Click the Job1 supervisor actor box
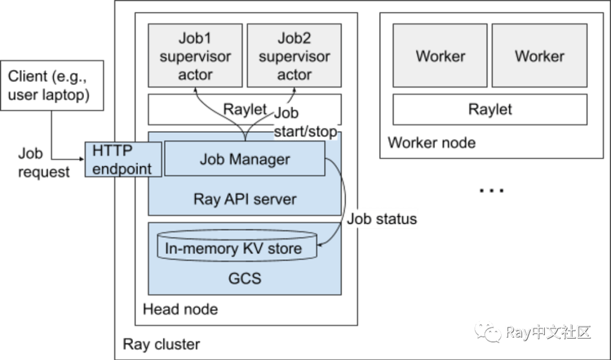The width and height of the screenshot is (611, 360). pos(195,56)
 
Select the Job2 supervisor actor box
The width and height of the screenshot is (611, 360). pos(294,56)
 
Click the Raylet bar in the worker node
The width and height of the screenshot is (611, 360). pos(490,109)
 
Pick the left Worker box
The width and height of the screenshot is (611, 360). pos(440,56)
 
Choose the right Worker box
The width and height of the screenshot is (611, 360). pos(540,56)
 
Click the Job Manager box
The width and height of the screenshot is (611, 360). pos(244,159)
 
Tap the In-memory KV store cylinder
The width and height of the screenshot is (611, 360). pos(236,248)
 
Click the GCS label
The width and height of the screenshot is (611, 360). pos(244,277)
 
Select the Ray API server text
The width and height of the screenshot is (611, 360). pos(244,199)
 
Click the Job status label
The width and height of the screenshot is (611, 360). pos(381,219)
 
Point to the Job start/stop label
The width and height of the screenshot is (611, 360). pos(305,122)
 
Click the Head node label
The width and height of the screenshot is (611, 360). pos(180,309)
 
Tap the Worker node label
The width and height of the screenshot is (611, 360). pos(431,143)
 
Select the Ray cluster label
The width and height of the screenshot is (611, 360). pos(161,344)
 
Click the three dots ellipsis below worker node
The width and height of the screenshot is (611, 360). pos(491,191)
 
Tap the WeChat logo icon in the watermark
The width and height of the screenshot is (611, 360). pos(489,332)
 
